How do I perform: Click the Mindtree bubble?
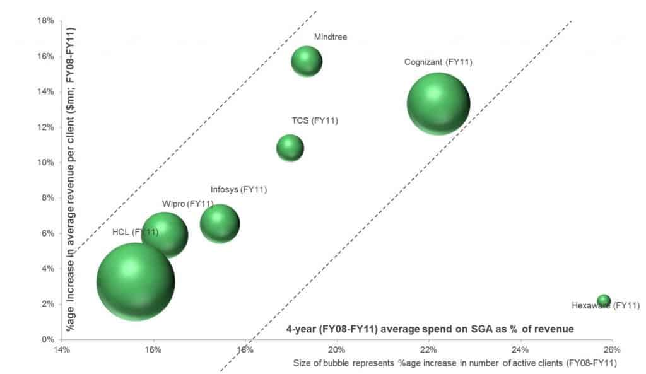pos(307,61)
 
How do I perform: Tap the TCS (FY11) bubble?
pos(290,148)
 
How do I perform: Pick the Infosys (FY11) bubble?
pos(220,223)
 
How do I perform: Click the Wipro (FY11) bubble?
pos(165,235)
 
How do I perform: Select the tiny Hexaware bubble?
pos(604,301)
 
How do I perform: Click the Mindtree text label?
pos(331,37)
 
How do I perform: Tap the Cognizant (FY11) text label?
pos(438,62)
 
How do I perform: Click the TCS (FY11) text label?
pos(315,120)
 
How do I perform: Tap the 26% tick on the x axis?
pos(612,349)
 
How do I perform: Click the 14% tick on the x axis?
pos(61,349)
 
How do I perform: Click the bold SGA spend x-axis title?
pos(429,329)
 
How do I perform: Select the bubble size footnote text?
pos(454,363)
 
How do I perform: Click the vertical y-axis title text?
pos(71,180)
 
